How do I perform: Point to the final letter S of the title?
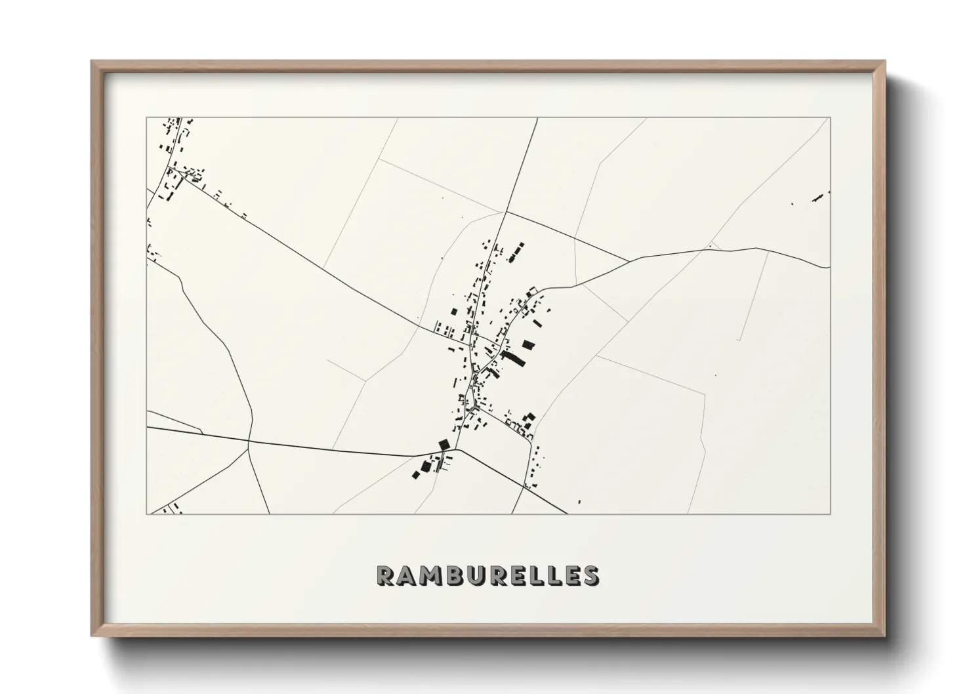(590, 575)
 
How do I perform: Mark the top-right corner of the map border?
(830, 118)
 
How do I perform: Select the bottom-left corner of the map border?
(147, 514)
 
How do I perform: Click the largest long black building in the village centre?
(514, 357)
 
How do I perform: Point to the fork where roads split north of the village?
(506, 212)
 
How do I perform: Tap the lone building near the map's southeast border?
(579, 502)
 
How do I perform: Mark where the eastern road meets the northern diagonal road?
(630, 261)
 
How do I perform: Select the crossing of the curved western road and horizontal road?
(249, 441)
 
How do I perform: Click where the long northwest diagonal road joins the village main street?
(470, 344)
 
